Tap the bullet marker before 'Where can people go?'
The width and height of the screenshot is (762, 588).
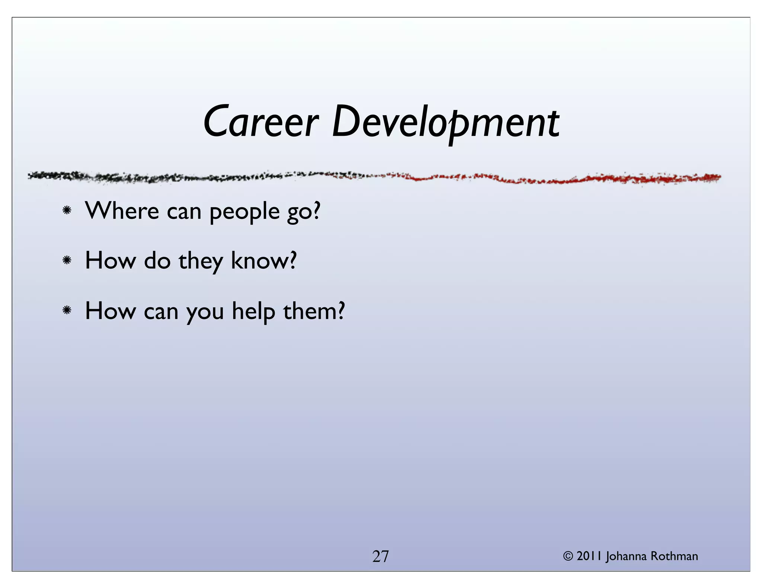(x=67, y=211)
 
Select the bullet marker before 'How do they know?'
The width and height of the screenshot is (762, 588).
(x=67, y=261)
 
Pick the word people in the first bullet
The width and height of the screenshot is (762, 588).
(x=244, y=212)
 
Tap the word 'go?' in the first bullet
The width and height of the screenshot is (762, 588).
(x=303, y=212)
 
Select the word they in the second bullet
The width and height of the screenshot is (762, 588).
(x=201, y=261)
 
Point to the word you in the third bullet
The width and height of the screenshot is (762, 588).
(x=205, y=312)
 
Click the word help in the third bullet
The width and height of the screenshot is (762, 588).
(x=253, y=311)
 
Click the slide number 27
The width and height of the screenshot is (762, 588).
(x=381, y=556)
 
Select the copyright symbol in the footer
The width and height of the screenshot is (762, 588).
(x=568, y=556)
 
